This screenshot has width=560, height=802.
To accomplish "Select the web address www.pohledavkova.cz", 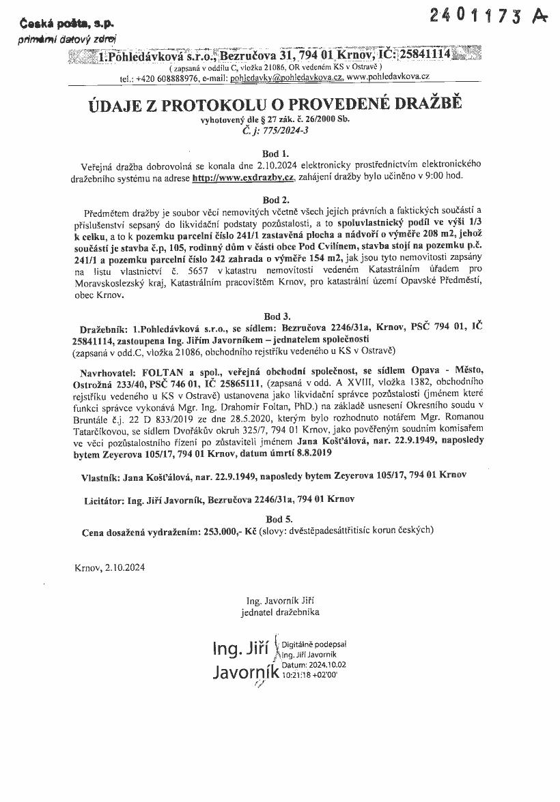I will (387, 78).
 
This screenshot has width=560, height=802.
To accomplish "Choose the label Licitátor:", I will (102, 500).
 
